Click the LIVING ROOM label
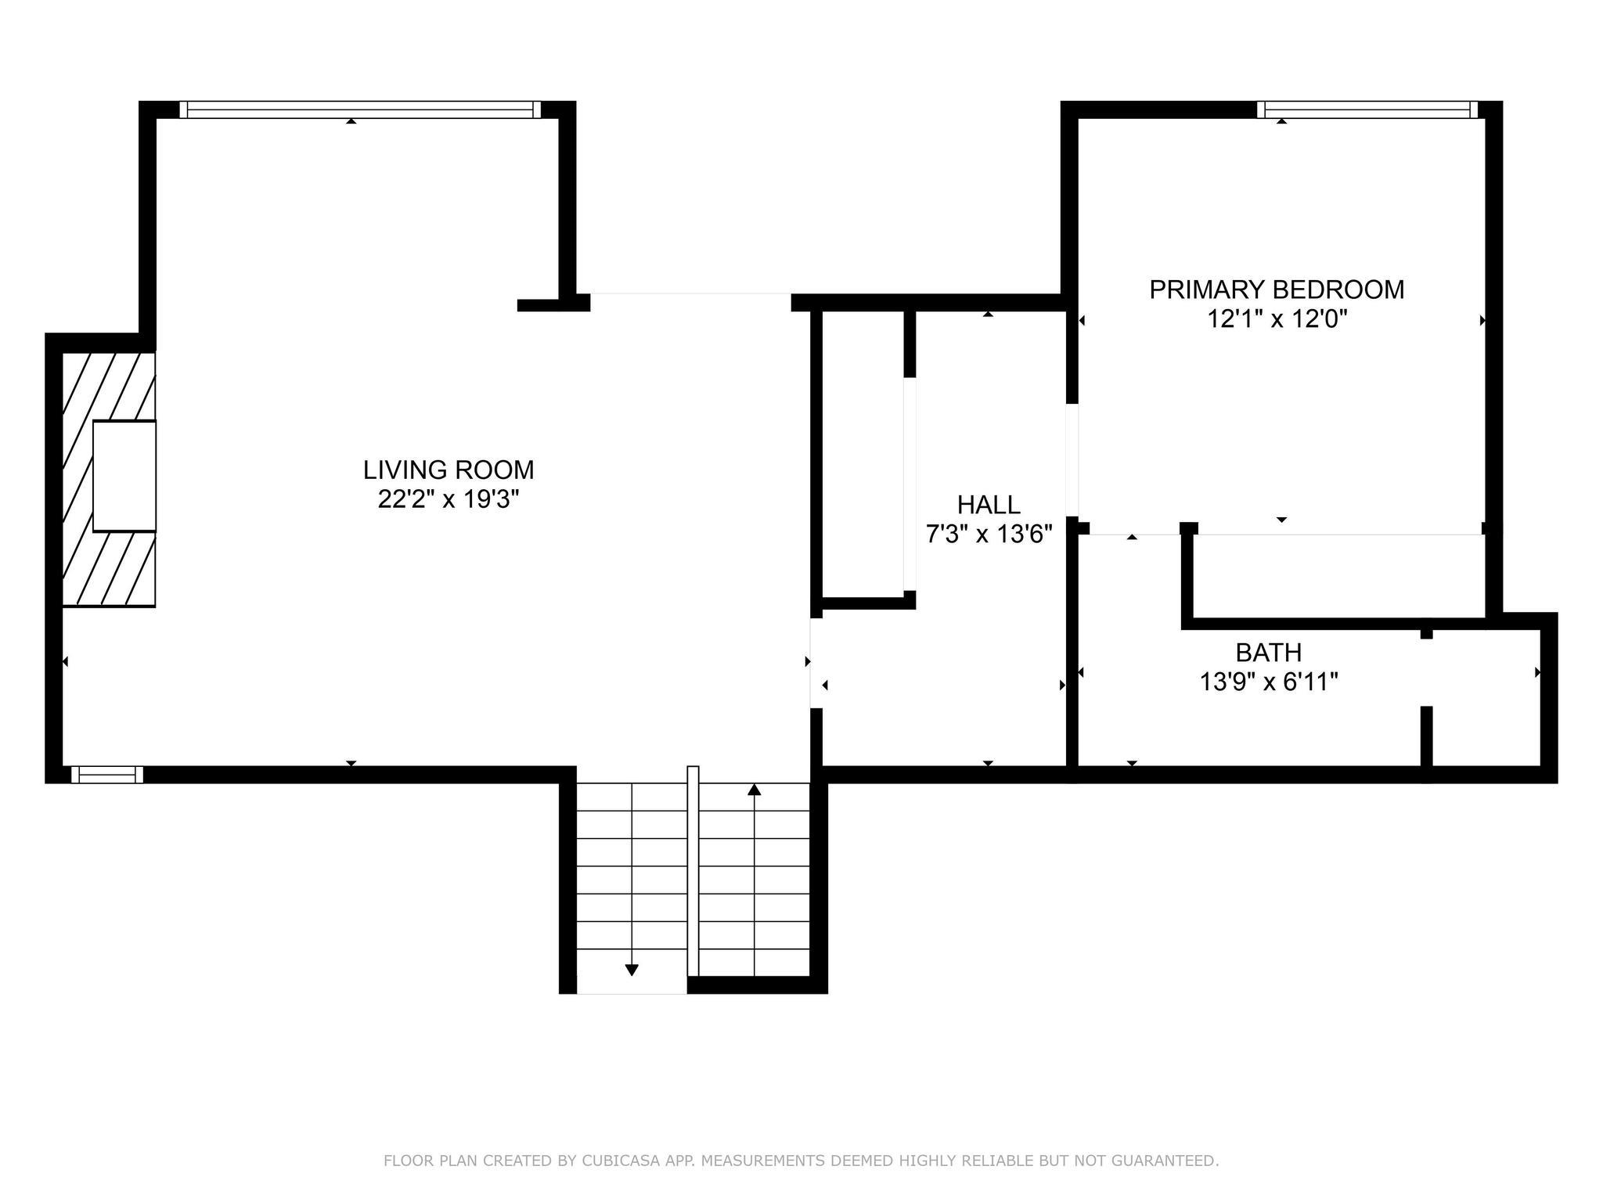[x=448, y=470]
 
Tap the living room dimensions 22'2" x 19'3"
[x=448, y=499]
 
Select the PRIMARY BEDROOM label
[x=1276, y=290]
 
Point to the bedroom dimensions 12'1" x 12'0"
[x=1276, y=319]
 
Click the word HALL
[x=988, y=505]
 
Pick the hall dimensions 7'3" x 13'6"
[x=988, y=534]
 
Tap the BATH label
[x=1268, y=652]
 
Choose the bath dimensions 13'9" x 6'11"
[x=1268, y=682]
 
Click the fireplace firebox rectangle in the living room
[x=124, y=476]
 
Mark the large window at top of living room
[x=360, y=110]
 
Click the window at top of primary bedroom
[x=1367, y=110]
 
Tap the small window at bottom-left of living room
[x=107, y=775]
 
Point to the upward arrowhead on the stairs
[x=755, y=790]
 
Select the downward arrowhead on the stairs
[x=632, y=970]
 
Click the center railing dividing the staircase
[x=693, y=869]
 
